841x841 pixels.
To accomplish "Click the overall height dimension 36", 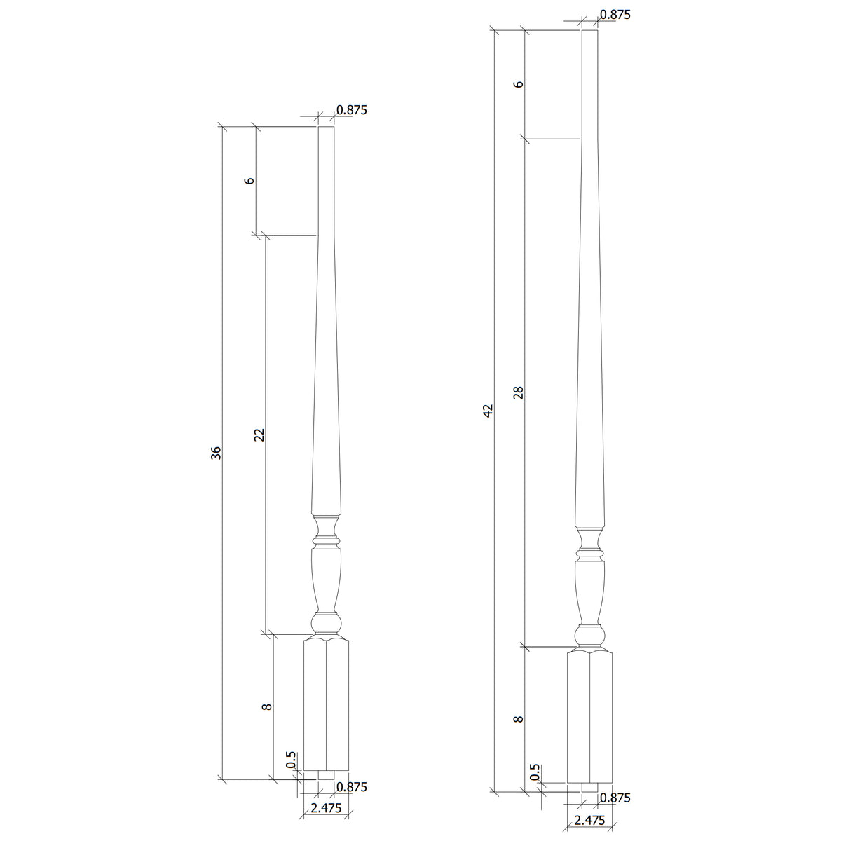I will [x=217, y=453].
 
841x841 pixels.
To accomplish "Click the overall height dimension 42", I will [x=488, y=410].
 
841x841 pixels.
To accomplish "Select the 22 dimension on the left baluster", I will [x=259, y=435].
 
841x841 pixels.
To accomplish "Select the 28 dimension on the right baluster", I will [x=519, y=392].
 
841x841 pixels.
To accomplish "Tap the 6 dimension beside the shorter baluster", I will [x=249, y=180].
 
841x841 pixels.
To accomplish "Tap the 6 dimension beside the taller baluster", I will [x=519, y=84].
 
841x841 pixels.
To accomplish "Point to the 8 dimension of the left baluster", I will [x=266, y=707].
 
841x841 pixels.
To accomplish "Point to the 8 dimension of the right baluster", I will [x=519, y=719].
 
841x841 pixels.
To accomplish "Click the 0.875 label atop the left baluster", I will [x=352, y=110].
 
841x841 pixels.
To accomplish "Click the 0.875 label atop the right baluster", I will [x=615, y=14].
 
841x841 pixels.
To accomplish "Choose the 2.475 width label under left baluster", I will [x=325, y=808].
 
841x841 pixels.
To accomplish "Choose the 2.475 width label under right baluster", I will [x=589, y=820].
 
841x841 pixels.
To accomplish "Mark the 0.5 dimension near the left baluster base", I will [x=292, y=760].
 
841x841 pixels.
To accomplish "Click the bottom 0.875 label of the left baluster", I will [x=352, y=786].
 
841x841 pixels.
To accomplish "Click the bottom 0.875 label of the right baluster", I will [x=615, y=798].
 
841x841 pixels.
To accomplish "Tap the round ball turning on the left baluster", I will [x=326, y=624].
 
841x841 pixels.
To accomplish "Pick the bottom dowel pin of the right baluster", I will [x=589, y=788].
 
